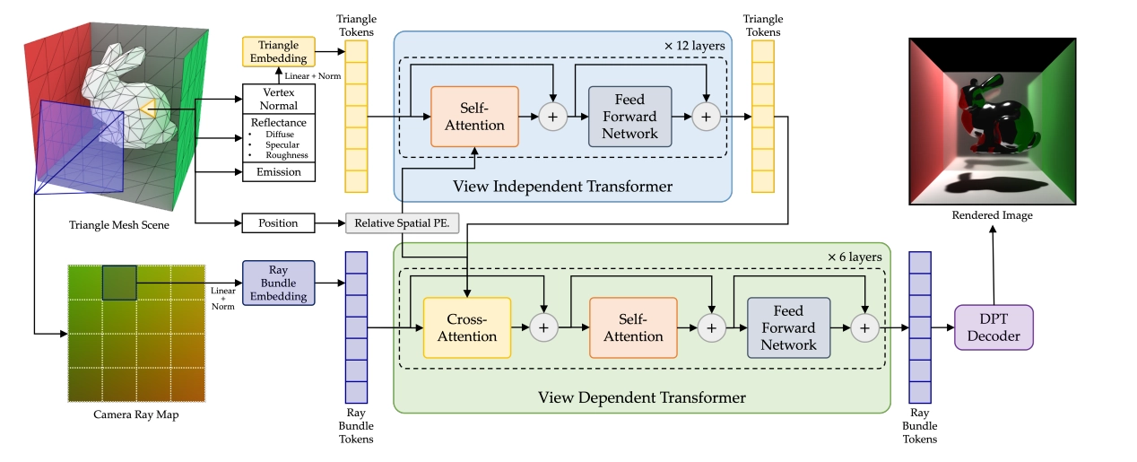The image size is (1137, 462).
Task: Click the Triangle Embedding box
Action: point(278,51)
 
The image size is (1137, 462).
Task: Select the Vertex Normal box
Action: point(278,99)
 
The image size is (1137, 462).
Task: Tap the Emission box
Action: point(278,171)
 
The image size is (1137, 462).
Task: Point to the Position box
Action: point(278,222)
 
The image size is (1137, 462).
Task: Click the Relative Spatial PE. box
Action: point(402,222)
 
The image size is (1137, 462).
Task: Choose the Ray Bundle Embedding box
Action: point(278,283)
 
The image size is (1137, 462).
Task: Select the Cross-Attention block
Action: point(466,327)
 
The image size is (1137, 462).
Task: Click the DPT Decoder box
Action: point(994,328)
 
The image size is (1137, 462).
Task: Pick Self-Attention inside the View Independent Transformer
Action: point(474,116)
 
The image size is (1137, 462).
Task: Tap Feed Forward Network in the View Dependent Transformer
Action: point(788,327)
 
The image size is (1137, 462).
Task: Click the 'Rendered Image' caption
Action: point(994,214)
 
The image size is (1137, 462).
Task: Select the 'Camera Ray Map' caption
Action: point(136,414)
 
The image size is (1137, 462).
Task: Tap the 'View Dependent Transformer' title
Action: point(641,396)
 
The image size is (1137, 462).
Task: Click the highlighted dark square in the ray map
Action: point(118,282)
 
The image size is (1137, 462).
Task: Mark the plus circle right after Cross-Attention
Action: point(543,328)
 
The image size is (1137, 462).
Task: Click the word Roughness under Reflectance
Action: point(287,155)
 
